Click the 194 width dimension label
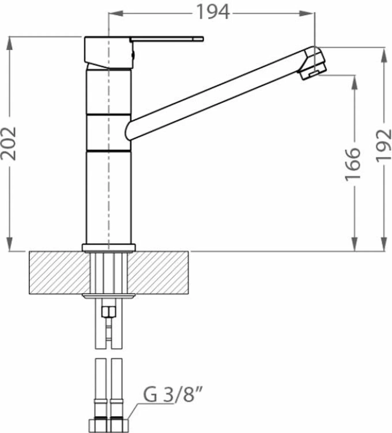[213, 13]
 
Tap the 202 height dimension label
[9, 143]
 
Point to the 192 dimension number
[384, 145]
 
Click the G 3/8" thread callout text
[174, 395]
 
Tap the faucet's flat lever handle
[167, 39]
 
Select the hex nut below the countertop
[108, 312]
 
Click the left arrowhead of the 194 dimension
[116, 13]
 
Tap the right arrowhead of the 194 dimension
[307, 13]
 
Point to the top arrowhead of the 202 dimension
[10, 43]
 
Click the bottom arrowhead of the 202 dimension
[10, 244]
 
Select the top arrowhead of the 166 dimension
[355, 82]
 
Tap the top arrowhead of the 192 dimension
[384, 54]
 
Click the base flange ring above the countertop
[108, 248]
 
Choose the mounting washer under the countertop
[108, 296]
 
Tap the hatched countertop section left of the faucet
[59, 273]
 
